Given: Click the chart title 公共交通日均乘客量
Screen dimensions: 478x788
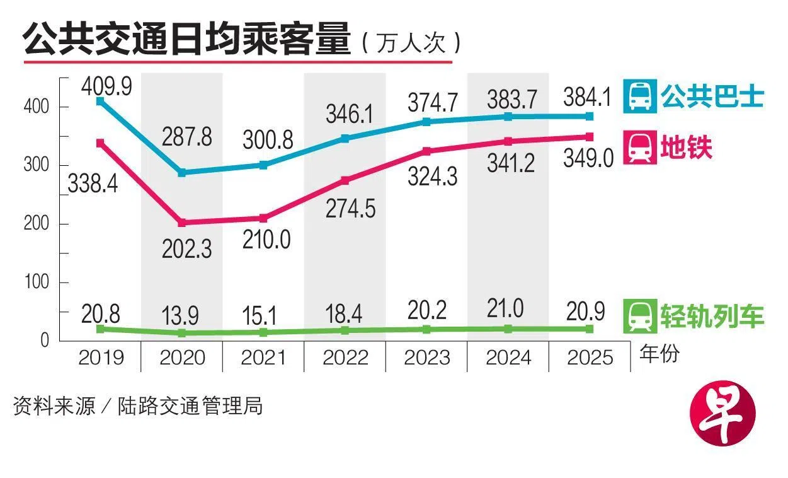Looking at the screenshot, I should [x=186, y=40].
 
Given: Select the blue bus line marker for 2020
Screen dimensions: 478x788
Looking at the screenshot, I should [x=181, y=172].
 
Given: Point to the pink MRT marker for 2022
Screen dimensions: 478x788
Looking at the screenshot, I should [x=345, y=180].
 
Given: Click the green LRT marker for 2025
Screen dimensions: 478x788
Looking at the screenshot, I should [x=590, y=329].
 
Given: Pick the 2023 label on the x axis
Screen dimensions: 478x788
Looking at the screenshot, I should [x=426, y=358].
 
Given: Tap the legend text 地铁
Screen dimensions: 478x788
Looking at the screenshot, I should [x=686, y=148].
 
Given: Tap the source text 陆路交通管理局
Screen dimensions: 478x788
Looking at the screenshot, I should [x=190, y=405].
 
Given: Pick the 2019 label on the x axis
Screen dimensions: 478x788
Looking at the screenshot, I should [x=101, y=358].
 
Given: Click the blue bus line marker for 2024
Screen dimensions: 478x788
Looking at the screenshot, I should [x=508, y=117].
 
